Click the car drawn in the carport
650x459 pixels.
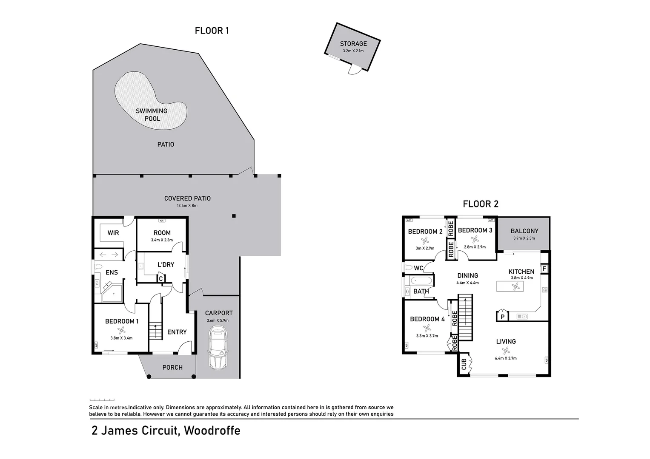[218, 348]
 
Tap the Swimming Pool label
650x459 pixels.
[152, 115]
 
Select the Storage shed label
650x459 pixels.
[353, 44]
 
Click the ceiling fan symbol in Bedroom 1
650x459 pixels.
[121, 330]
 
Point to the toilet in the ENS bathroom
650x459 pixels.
[98, 267]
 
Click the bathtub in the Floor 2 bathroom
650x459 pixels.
[421, 281]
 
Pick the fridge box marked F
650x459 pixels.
[544, 269]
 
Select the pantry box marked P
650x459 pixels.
[502, 317]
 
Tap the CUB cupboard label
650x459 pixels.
[464, 364]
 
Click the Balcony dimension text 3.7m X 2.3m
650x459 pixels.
[524, 238]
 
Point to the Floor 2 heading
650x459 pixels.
[480, 204]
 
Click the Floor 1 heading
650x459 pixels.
[212, 31]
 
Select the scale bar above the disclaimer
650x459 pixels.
[102, 400]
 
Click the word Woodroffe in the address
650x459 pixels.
[212, 431]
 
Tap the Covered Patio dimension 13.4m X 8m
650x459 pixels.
[187, 206]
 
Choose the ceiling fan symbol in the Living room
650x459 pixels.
[506, 351]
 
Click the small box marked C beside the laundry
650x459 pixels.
[161, 279]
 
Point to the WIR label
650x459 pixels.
[113, 233]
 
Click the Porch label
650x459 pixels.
[172, 367]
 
